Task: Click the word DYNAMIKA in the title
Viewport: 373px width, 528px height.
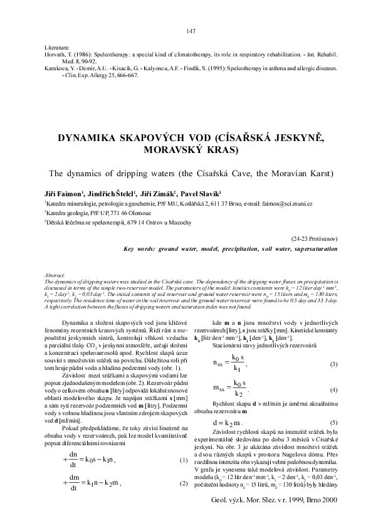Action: (88, 139)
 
